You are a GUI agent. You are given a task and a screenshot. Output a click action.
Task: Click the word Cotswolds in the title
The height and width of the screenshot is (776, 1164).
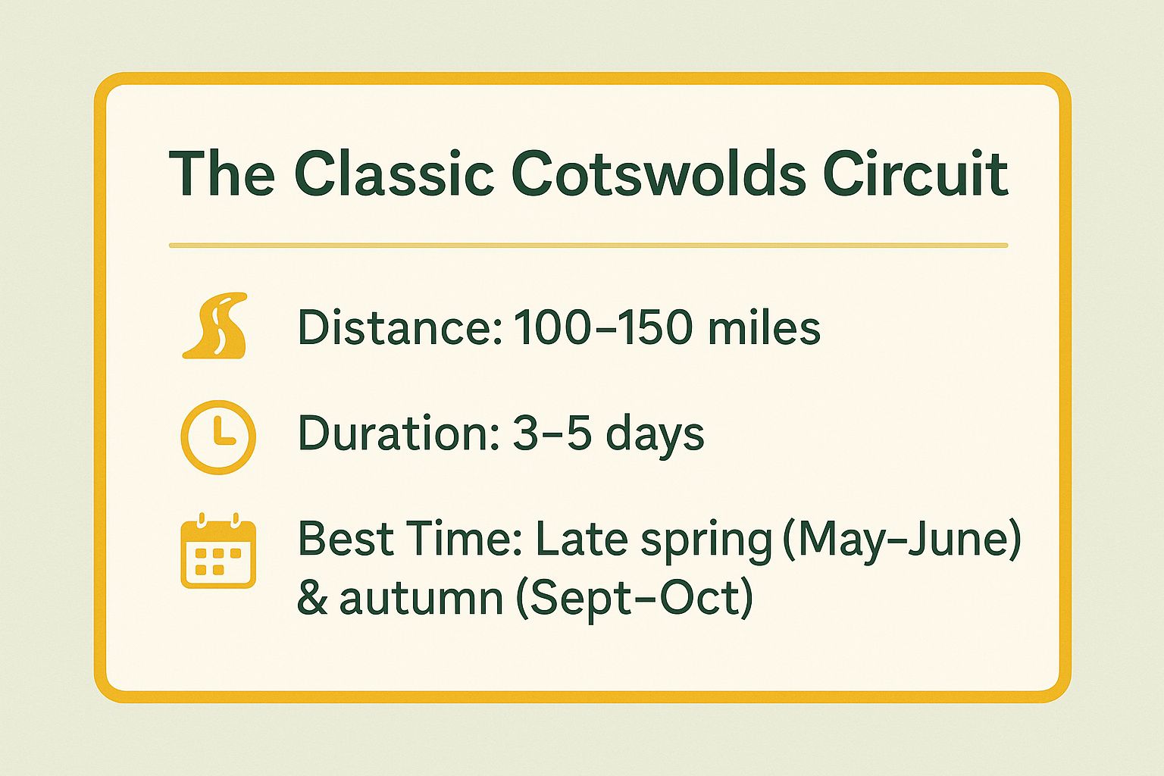659,174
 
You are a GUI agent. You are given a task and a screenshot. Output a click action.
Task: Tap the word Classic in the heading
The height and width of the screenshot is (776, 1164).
394,174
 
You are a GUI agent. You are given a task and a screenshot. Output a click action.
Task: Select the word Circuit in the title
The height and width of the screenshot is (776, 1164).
916,174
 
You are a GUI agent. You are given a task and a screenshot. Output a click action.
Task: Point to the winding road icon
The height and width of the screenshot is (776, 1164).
215,326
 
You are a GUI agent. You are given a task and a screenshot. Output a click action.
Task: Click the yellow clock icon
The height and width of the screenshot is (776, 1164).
218,437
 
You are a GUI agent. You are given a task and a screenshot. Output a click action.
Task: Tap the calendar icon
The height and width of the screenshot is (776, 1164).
218,550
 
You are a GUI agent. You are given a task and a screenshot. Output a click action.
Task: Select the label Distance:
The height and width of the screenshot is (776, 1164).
400,327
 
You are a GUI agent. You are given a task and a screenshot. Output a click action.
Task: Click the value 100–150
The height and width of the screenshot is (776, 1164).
602,327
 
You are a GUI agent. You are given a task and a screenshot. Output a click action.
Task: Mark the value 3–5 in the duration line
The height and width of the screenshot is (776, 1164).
552,433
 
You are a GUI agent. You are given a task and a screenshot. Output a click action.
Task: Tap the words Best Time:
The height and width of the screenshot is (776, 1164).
409,539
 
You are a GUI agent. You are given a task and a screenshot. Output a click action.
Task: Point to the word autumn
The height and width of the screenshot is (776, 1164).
421,598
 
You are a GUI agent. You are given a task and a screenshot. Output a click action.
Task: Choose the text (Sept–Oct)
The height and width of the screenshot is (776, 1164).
634,599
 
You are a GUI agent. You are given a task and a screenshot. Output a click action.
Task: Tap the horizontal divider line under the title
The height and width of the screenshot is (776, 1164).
588,246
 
